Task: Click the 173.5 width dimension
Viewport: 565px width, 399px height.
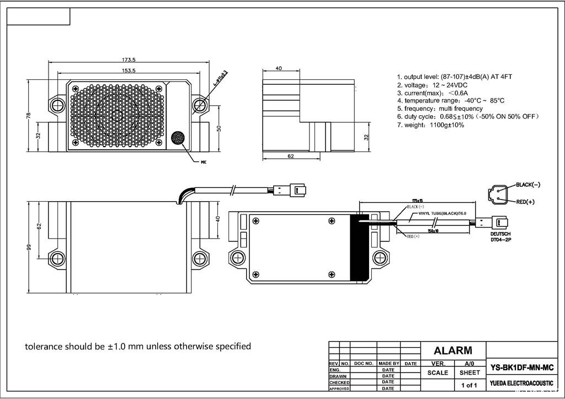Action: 129,59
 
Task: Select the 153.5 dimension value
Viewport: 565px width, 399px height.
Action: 129,70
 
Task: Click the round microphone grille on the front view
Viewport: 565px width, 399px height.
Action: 178,138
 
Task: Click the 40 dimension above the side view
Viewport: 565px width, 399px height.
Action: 279,68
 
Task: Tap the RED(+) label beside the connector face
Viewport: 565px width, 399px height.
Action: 525,202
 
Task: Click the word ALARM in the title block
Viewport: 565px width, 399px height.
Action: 452,350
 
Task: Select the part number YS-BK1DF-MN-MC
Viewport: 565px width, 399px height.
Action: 522,368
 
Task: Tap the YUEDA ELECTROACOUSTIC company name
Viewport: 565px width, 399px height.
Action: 521,382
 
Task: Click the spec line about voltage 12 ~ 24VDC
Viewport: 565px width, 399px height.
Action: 432,85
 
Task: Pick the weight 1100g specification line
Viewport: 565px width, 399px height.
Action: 430,125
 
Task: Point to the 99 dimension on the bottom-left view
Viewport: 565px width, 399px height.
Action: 29,247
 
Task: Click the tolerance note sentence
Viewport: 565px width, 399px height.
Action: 138,347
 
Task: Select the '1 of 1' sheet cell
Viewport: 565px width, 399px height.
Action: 469,385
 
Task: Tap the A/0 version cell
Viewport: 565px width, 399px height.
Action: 469,364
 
